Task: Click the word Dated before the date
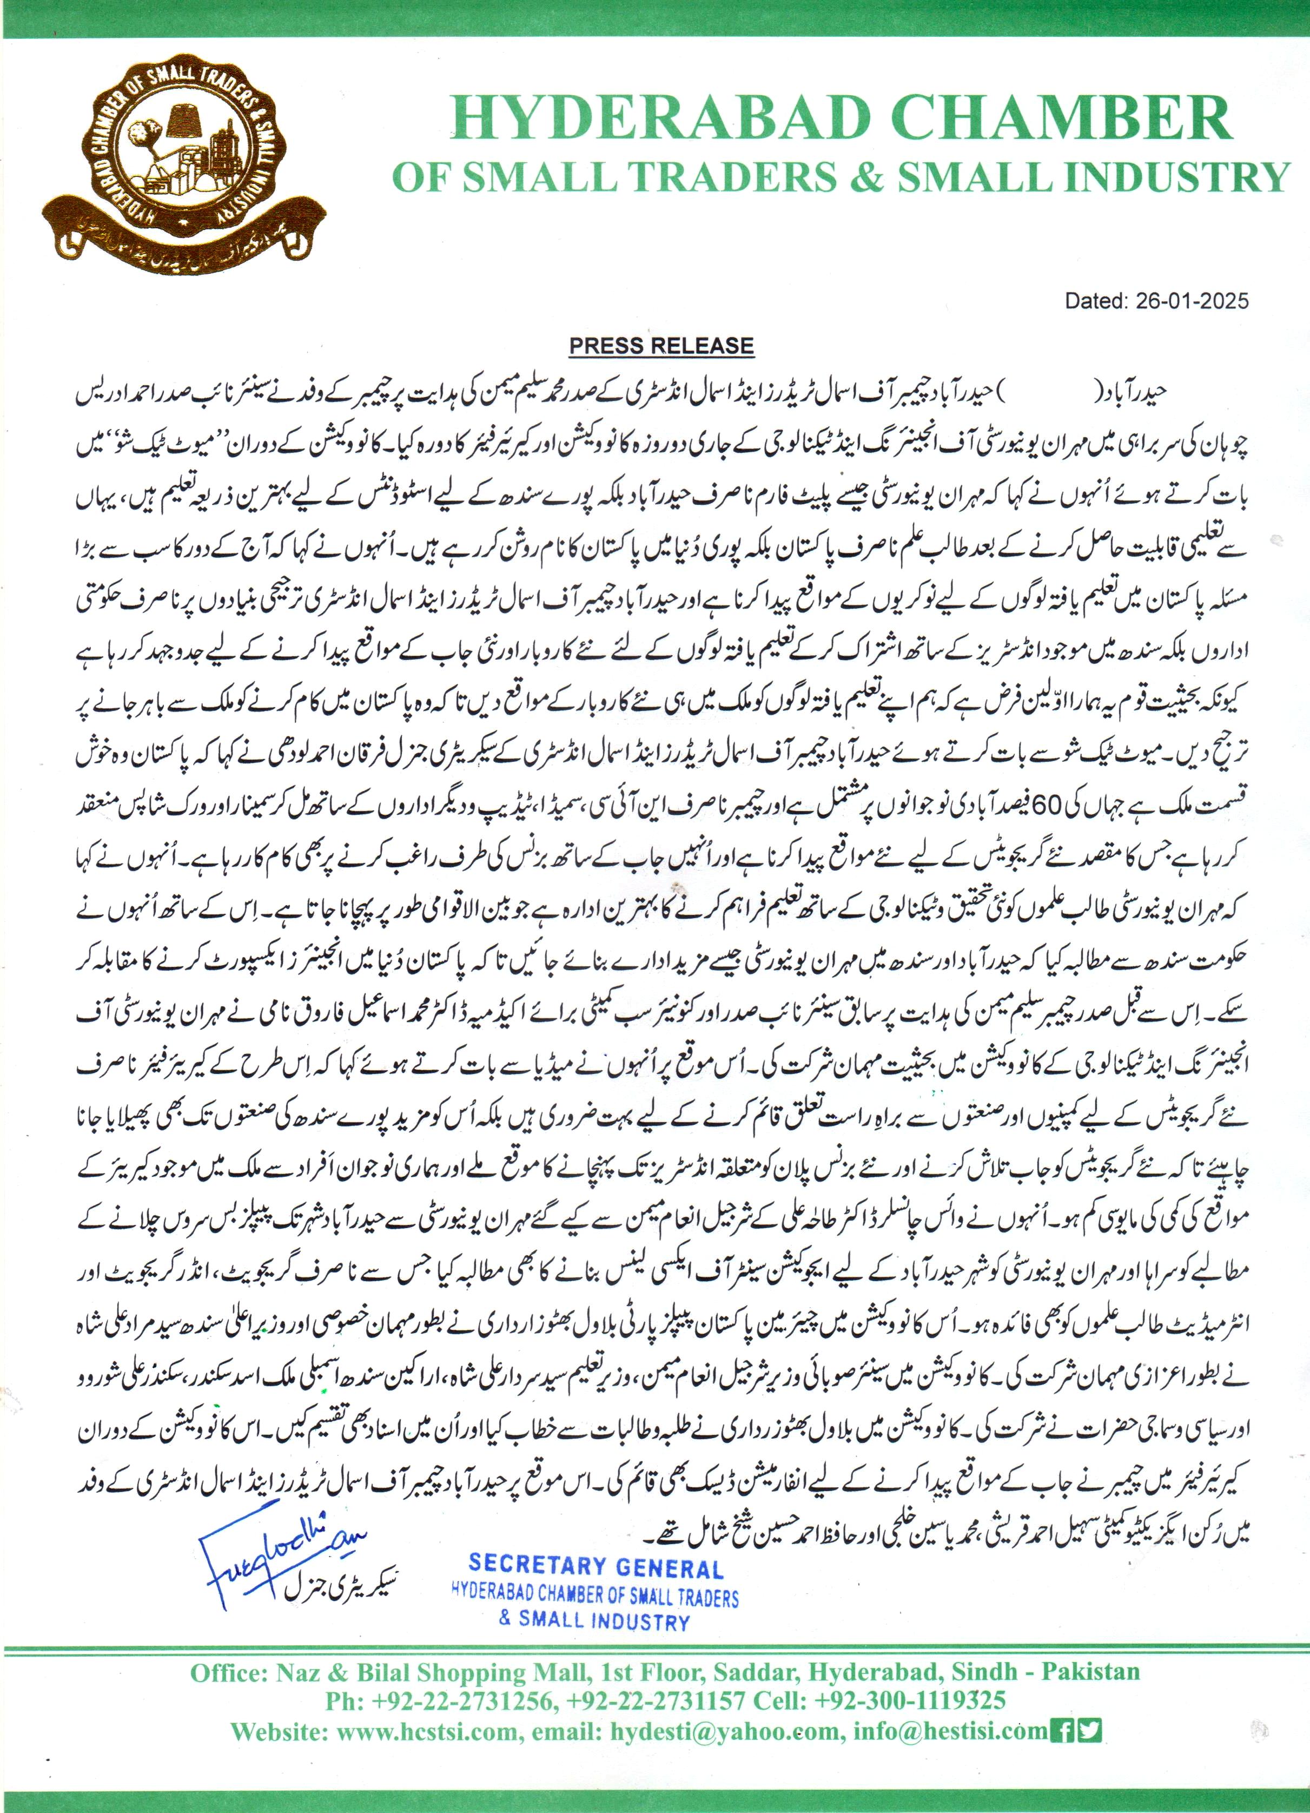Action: pos(1093,301)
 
